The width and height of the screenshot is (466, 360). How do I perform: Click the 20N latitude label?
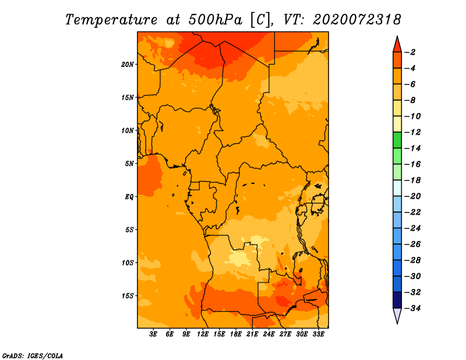(128, 65)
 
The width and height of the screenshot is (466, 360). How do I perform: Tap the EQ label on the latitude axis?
(129, 197)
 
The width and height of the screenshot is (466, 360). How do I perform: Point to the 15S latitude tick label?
(128, 296)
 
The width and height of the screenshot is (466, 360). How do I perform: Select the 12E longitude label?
(203, 334)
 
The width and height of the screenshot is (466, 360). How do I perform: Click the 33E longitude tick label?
(319, 334)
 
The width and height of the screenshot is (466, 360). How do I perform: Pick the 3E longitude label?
(153, 334)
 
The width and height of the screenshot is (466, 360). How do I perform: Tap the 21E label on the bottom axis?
(252, 334)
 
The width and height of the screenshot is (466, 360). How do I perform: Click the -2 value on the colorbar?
(410, 52)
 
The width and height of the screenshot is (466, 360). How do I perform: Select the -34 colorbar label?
(412, 308)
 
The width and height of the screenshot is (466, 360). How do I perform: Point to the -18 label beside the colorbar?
(412, 180)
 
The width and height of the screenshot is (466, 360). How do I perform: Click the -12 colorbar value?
(412, 132)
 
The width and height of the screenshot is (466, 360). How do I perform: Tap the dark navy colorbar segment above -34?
(397, 300)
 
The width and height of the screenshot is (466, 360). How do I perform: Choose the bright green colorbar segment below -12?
(397, 140)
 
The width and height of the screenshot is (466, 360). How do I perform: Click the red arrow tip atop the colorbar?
(397, 37)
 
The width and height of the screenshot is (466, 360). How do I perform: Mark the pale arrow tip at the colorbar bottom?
(397, 323)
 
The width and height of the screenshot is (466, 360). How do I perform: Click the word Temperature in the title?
(111, 20)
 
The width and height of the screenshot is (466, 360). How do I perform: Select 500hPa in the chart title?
(215, 20)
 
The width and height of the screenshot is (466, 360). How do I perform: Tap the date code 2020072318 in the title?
(357, 20)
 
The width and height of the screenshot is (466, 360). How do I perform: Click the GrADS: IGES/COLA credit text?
(33, 355)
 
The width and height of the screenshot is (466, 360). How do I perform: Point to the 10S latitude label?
(128, 263)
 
